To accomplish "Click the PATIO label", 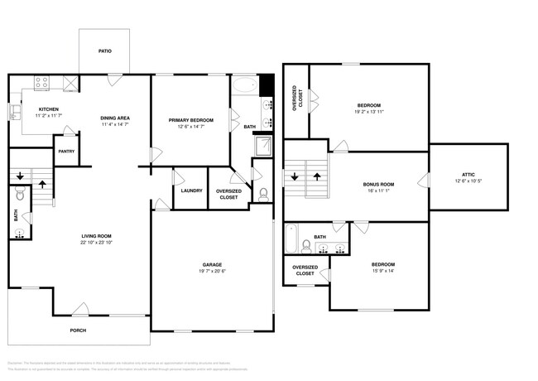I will (x=105, y=51).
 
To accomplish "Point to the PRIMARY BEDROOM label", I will (x=191, y=120).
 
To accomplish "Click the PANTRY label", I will (x=66, y=152).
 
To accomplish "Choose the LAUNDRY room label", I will (x=191, y=190).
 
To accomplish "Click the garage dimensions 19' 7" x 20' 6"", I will (x=213, y=272).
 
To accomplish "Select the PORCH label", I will (x=77, y=330).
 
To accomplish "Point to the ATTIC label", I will (x=468, y=174).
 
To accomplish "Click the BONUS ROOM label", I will (x=378, y=184).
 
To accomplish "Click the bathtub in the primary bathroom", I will (x=244, y=84).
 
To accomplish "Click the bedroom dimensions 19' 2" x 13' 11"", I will (x=369, y=112).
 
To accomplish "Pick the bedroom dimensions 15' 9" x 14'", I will (x=380, y=272).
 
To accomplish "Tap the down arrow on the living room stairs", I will (x=21, y=176).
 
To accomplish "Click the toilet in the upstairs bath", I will (x=306, y=244).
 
